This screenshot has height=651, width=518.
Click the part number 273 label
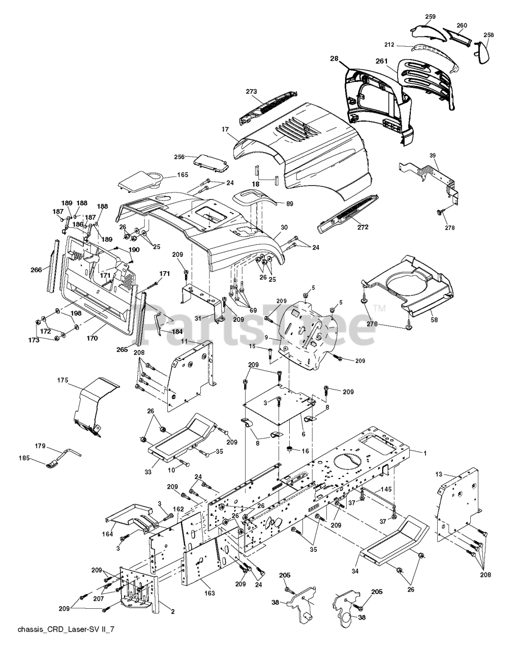click(x=251, y=92)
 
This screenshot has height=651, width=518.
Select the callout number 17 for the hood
click(x=225, y=129)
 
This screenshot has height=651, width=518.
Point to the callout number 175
click(x=63, y=380)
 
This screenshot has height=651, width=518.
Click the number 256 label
click(x=179, y=157)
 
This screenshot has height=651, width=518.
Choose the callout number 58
click(x=434, y=319)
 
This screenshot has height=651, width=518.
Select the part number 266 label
click(x=36, y=270)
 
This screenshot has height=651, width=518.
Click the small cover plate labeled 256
click(x=211, y=164)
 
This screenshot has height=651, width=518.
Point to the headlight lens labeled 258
click(x=482, y=52)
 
